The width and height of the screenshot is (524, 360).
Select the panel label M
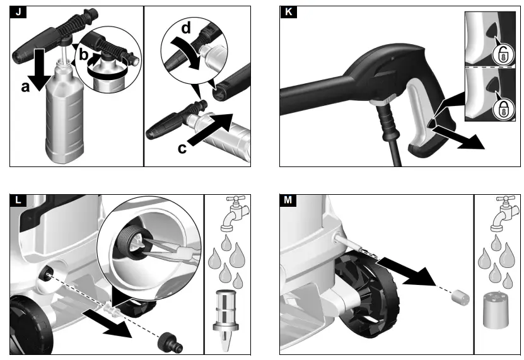tap(288, 201)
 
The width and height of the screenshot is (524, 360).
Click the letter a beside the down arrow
tap(26, 88)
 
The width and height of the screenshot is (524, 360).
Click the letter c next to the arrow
tap(182, 148)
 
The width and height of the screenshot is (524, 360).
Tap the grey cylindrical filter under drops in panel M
tap(496, 311)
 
